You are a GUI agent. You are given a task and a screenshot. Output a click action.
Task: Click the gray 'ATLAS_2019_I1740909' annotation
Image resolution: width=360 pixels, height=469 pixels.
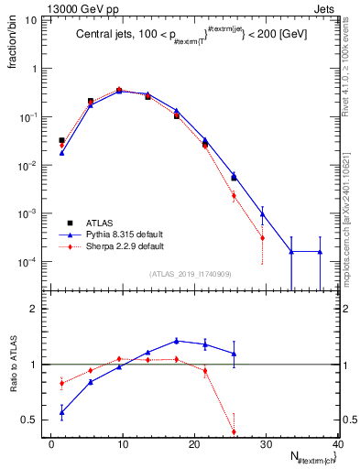[191, 274]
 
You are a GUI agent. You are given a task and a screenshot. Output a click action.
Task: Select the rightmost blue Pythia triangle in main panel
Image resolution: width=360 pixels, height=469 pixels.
[320, 251]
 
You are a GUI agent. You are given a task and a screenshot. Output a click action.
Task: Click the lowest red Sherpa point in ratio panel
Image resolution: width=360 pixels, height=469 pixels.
[234, 431]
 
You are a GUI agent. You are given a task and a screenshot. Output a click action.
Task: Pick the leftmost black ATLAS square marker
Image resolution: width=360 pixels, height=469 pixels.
[61, 140]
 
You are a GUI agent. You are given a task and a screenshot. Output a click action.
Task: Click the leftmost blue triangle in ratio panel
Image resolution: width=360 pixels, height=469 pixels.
[61, 412]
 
